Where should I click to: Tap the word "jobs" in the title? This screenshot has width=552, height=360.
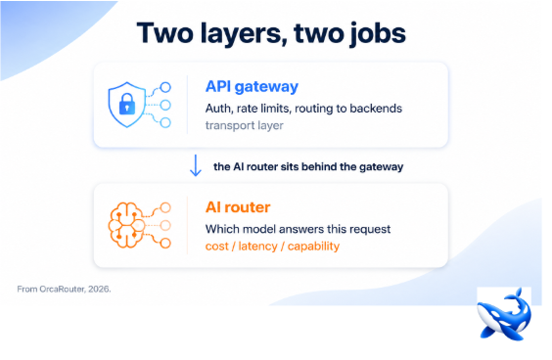click(x=378, y=34)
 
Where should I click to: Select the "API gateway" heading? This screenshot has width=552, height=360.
click(x=252, y=87)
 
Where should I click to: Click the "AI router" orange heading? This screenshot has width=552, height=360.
click(x=238, y=207)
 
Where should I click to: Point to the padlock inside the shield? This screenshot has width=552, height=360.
click(x=127, y=104)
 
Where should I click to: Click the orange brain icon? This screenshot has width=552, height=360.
click(x=126, y=225)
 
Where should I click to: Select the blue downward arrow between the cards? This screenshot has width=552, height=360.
click(x=196, y=165)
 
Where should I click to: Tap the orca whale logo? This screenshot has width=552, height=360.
click(x=504, y=314)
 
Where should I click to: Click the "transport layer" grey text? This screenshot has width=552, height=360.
click(x=245, y=125)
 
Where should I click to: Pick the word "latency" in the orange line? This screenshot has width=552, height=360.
click(x=257, y=246)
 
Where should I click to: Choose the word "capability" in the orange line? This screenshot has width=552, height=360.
click(x=313, y=247)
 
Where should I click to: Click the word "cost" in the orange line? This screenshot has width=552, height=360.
click(x=217, y=247)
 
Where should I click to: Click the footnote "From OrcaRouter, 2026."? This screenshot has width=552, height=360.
click(x=64, y=289)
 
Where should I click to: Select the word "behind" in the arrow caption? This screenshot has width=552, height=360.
click(x=319, y=166)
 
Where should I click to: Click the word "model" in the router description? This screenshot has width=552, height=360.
click(x=259, y=229)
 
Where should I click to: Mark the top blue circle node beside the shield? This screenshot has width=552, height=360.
click(x=165, y=87)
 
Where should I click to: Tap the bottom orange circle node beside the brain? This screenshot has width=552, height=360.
click(x=165, y=243)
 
